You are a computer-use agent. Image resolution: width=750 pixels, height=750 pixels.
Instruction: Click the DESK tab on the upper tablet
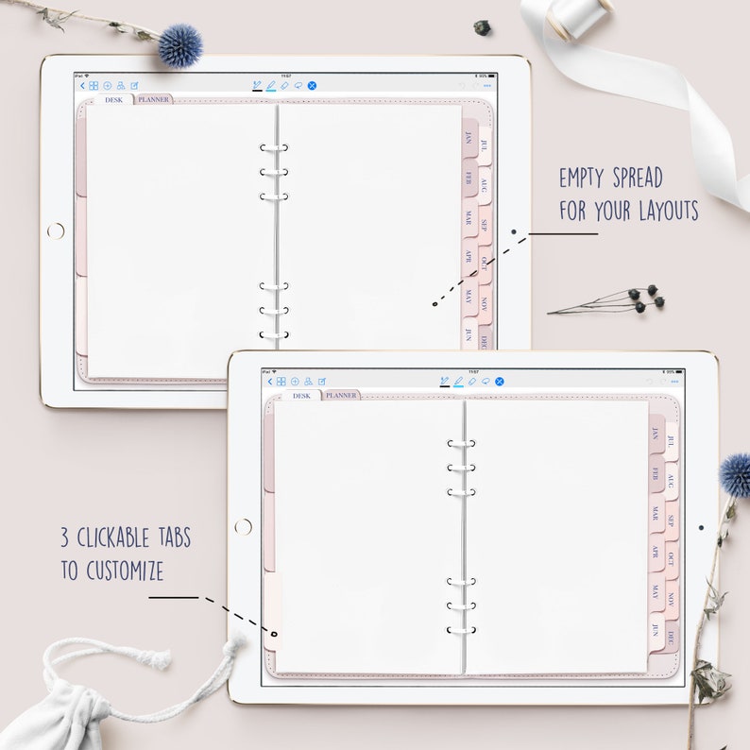pyautogui.click(x=114, y=99)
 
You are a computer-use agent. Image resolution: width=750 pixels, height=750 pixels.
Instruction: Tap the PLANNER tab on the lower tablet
pyautogui.click(x=340, y=395)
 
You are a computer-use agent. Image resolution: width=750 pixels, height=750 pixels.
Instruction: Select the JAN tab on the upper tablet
pyautogui.click(x=469, y=139)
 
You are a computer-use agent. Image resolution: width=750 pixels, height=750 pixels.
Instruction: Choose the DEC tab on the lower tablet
pyautogui.click(x=671, y=637)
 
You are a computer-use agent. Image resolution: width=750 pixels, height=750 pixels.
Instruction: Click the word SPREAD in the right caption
pyautogui.click(x=628, y=178)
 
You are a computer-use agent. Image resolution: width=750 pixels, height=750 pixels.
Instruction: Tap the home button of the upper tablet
pyautogui.click(x=56, y=230)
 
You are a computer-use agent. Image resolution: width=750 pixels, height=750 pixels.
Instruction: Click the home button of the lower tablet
pyautogui.click(x=243, y=526)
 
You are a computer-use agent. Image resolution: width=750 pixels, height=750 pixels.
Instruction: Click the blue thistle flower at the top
pyautogui.click(x=179, y=45)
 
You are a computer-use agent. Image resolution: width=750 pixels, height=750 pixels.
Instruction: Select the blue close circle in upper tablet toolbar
pyautogui.click(x=313, y=85)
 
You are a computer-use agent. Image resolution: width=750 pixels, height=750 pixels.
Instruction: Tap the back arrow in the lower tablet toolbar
pyautogui.click(x=269, y=382)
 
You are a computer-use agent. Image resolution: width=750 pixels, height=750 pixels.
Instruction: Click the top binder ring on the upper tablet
pyautogui.click(x=274, y=148)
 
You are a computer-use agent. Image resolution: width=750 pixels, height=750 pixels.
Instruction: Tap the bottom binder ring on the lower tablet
pyautogui.click(x=461, y=630)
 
